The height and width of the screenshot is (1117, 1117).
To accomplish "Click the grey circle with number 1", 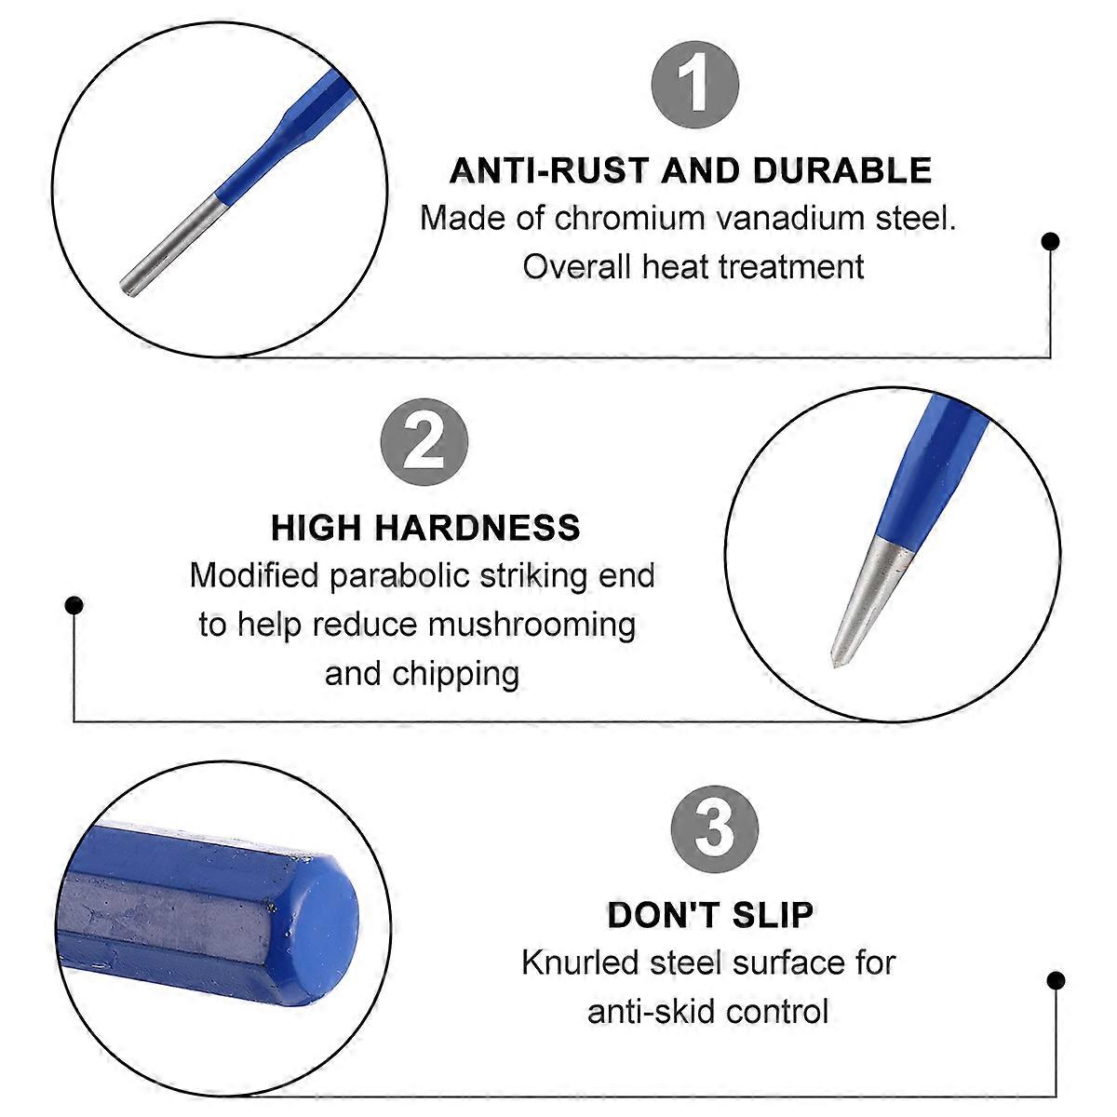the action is pyautogui.click(x=695, y=85).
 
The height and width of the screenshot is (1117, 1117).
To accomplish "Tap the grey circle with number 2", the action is pyautogui.click(x=424, y=442).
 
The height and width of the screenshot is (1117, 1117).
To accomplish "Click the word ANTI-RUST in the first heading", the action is pyautogui.click(x=549, y=170).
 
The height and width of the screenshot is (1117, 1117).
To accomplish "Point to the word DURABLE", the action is pyautogui.click(x=842, y=170).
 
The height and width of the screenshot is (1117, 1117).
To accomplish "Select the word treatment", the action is pyautogui.click(x=790, y=267).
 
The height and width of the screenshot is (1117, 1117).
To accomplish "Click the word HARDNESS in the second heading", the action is pyautogui.click(x=478, y=528).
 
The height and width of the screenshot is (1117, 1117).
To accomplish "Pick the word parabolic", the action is pyautogui.click(x=400, y=577).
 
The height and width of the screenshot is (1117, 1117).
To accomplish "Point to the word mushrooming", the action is pyautogui.click(x=532, y=626).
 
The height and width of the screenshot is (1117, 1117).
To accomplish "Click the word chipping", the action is pyautogui.click(x=455, y=674).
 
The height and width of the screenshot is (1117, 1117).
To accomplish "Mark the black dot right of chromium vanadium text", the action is pyautogui.click(x=1050, y=241).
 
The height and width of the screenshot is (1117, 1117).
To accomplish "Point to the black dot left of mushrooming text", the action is pyautogui.click(x=74, y=605).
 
